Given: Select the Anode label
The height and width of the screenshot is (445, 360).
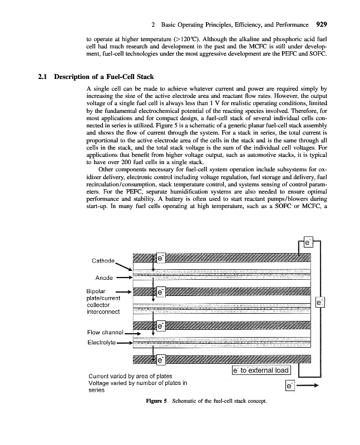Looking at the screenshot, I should pyautogui.click(x=105, y=277).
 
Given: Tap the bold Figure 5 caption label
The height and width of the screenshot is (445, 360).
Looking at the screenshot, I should pyautogui.click(x=157, y=400).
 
